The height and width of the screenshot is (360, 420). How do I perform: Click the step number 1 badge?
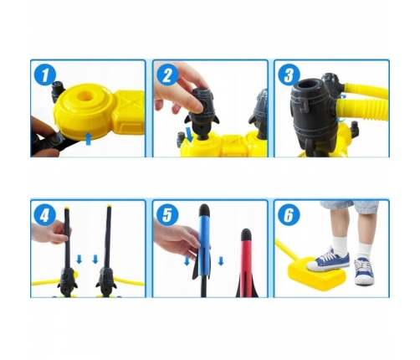[45, 75]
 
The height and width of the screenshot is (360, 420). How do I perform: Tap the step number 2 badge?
[167, 75]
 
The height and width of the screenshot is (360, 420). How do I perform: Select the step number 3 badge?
[289, 75]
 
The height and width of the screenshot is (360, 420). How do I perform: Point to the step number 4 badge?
[45, 215]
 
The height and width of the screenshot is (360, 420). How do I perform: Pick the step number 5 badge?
[167, 215]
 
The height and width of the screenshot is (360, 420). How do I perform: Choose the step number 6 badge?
[289, 215]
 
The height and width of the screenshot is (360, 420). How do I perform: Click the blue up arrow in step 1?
[88, 139]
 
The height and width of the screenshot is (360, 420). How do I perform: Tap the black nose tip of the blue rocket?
[204, 209]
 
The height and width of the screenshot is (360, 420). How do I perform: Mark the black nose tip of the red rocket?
[246, 234]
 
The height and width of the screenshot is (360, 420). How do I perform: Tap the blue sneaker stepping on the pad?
[328, 260]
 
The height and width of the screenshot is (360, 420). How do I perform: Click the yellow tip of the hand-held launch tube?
[67, 208]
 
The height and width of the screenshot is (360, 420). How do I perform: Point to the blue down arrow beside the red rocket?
[221, 261]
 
